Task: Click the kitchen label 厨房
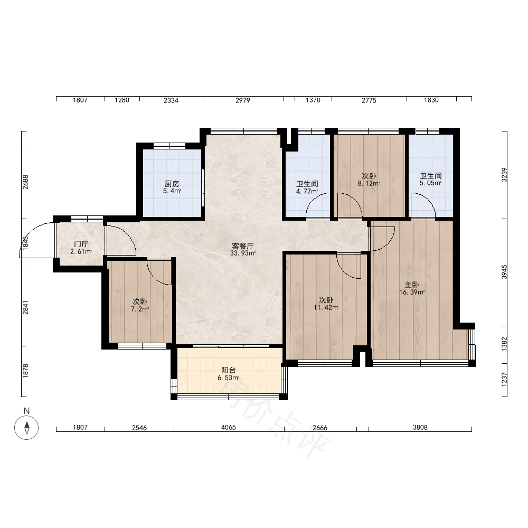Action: click(x=172, y=184)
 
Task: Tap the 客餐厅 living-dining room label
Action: click(x=243, y=246)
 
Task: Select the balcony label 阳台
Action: click(x=228, y=371)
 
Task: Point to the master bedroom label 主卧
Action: click(x=412, y=285)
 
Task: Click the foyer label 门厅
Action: click(x=81, y=244)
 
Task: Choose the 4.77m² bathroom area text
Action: click(x=307, y=192)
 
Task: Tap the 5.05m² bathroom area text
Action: click(x=431, y=183)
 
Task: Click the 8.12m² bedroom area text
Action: click(x=369, y=184)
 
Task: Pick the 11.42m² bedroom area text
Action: click(x=326, y=307)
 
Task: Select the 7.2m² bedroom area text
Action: click(x=140, y=309)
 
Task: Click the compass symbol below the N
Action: click(x=26, y=428)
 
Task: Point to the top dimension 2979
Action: click(x=243, y=100)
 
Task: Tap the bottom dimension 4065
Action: click(x=228, y=427)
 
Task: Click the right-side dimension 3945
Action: click(x=504, y=272)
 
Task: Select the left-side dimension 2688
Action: click(x=25, y=182)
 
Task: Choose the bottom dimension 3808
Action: click(x=420, y=427)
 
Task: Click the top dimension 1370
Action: click(x=313, y=100)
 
